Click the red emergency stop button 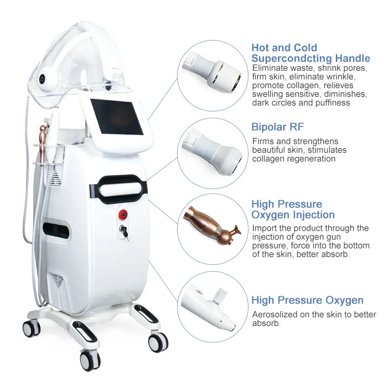123,214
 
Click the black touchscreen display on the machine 117,117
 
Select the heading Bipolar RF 277,127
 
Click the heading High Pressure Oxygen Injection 293,209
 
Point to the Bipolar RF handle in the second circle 212,152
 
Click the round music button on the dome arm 42,79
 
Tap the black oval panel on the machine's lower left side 56,232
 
